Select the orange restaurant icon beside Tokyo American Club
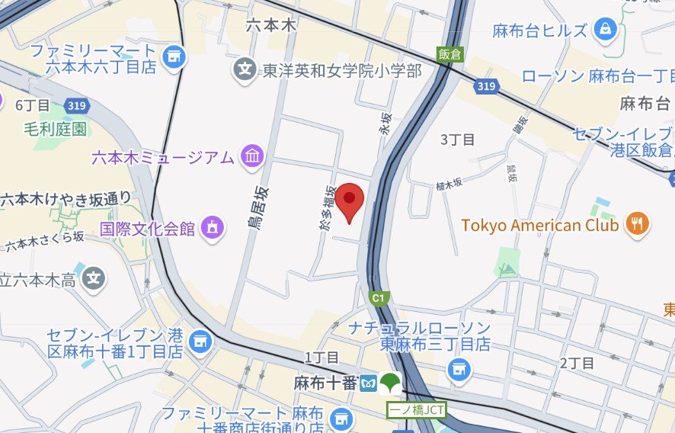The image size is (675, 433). (637, 224)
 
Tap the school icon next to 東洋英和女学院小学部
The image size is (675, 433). (245, 70)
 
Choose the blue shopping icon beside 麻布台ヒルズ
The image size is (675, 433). (605, 30)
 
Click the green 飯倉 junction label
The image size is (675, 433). (449, 54)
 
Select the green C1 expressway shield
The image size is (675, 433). (377, 297)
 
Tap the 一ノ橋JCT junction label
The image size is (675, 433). (417, 409)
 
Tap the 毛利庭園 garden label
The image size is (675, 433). (55, 128)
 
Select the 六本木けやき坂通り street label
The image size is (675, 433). (66, 199)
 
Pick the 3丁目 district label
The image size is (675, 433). (458, 140)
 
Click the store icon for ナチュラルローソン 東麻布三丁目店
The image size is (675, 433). (459, 370)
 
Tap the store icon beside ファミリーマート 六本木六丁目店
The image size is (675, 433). (174, 55)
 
